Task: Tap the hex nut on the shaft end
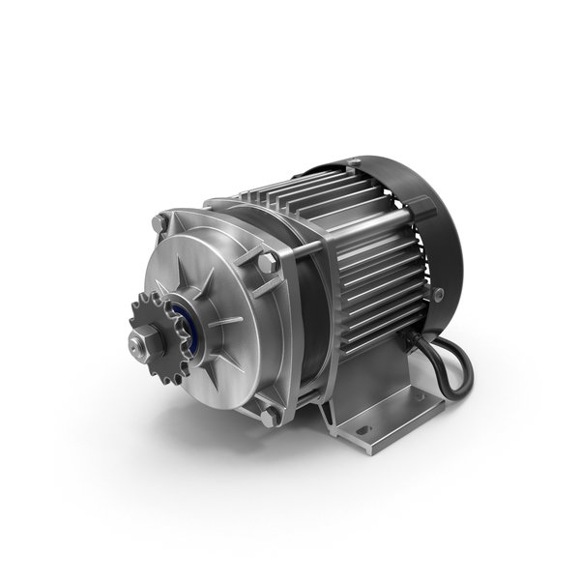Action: pyautogui.click(x=140, y=339)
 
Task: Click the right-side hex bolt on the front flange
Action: pyautogui.click(x=268, y=261)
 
